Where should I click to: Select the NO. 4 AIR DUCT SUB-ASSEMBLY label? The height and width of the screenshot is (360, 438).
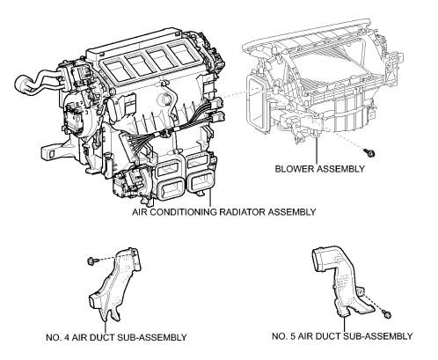coord(116,337)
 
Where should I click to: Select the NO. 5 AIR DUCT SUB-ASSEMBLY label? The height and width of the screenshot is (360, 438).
coord(342,336)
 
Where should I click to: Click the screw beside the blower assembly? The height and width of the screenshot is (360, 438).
coord(369,152)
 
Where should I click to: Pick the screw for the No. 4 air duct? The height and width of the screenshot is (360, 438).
coord(91,261)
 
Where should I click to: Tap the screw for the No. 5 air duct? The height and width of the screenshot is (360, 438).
coord(387,314)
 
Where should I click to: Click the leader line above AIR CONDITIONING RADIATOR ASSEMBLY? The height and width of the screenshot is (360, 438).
coord(210,197)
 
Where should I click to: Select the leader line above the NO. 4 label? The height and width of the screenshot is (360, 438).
coord(105,327)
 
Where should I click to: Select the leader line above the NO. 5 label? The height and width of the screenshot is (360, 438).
coord(344,324)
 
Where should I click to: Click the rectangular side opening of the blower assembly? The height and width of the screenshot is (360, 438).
coord(255,103)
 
